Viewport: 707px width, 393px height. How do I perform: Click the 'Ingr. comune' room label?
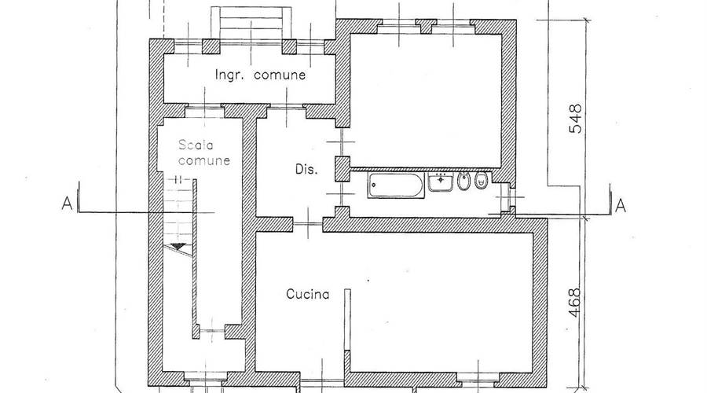(260, 75)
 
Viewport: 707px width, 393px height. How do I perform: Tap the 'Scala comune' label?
(204, 152)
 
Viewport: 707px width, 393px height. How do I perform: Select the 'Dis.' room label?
(306, 170)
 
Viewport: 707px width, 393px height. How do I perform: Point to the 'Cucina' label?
(307, 294)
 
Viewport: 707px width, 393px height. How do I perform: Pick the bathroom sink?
(441, 182)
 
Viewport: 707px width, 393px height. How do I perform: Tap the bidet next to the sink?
(463, 181)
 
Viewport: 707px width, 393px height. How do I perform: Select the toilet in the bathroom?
(482, 180)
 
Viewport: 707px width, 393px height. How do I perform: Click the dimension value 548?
(575, 119)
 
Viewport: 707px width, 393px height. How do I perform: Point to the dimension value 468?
(574, 303)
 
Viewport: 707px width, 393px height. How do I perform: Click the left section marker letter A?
(67, 204)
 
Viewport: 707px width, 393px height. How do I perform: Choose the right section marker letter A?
(621, 206)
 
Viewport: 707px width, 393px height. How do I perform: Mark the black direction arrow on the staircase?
(178, 246)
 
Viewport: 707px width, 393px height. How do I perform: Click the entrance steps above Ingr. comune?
(251, 24)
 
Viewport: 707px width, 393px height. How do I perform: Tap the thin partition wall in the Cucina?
(347, 320)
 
